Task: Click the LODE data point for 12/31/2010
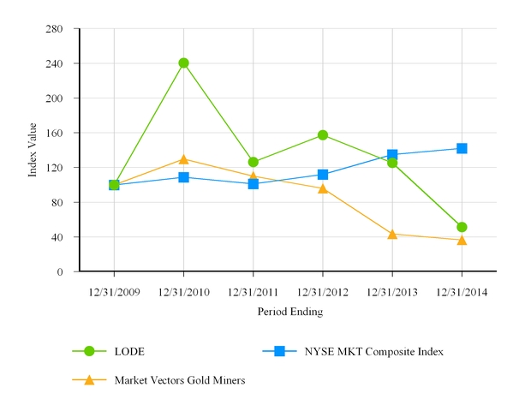[183, 63]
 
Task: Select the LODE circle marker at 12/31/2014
[462, 227]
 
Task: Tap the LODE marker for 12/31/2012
[323, 134]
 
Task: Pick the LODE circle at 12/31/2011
[254, 162]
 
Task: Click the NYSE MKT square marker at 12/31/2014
[462, 148]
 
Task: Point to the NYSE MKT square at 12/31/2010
[183, 177]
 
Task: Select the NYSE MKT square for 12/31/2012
[323, 175]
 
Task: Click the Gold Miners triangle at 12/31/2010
[183, 159]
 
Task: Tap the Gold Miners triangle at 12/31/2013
[392, 234]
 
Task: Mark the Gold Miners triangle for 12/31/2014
[462, 240]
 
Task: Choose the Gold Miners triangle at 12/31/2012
[323, 188]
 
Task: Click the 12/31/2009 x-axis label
[114, 293]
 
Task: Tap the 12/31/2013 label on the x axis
[392, 293]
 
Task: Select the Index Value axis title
[33, 151]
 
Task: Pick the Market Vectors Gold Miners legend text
[180, 380]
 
